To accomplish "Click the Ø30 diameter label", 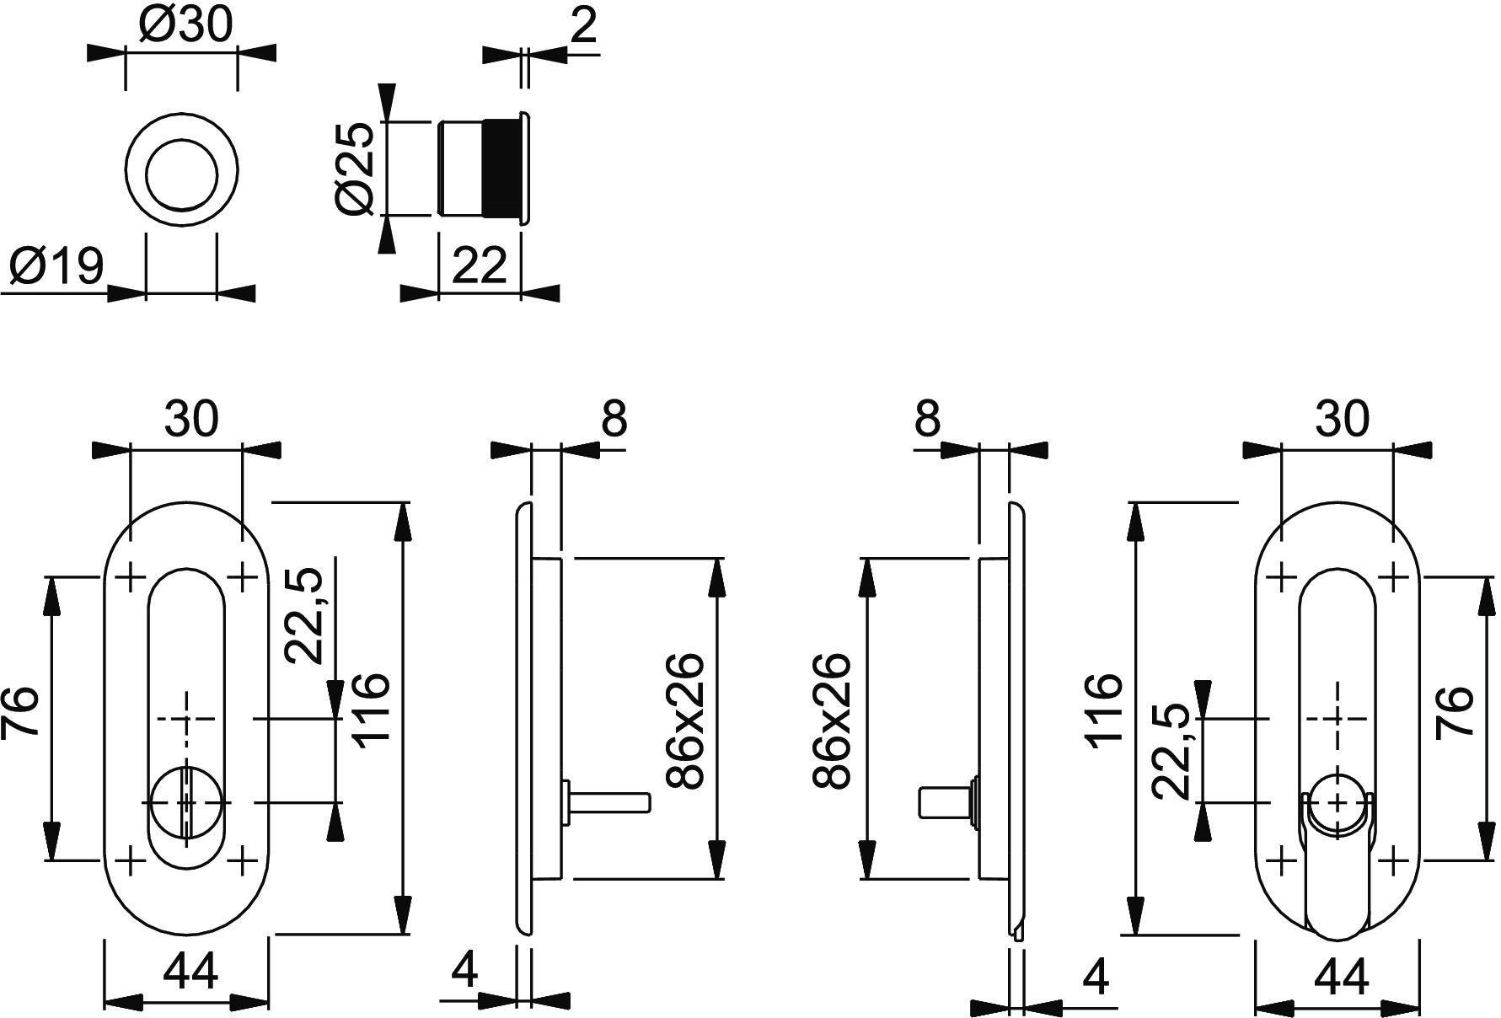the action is (185, 26).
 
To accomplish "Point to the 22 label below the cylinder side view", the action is (480, 266).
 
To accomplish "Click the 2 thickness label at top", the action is (583, 26).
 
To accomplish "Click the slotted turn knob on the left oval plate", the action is (186, 801).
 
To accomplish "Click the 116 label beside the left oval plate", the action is (370, 706).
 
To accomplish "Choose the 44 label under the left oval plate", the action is (190, 972).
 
